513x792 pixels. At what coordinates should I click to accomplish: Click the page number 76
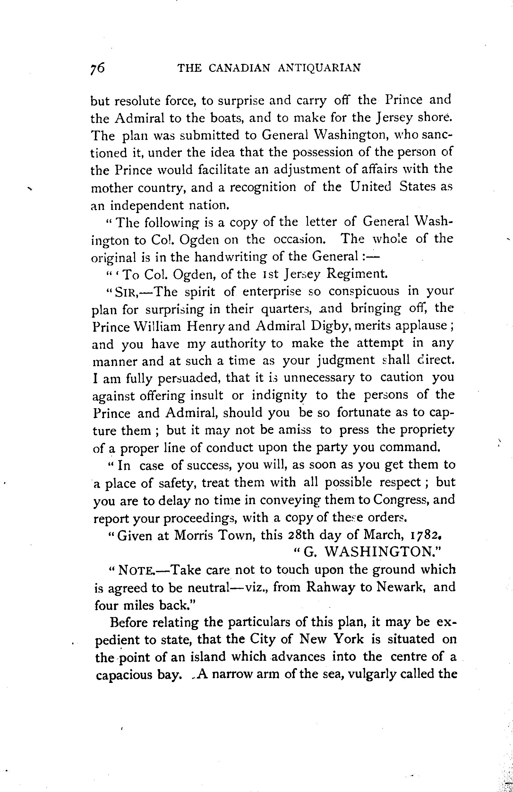pyautogui.click(x=98, y=68)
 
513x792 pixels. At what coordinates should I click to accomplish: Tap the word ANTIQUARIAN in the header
pyautogui.click(x=319, y=68)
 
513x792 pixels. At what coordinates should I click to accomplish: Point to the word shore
pyautogui.click(x=435, y=117)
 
